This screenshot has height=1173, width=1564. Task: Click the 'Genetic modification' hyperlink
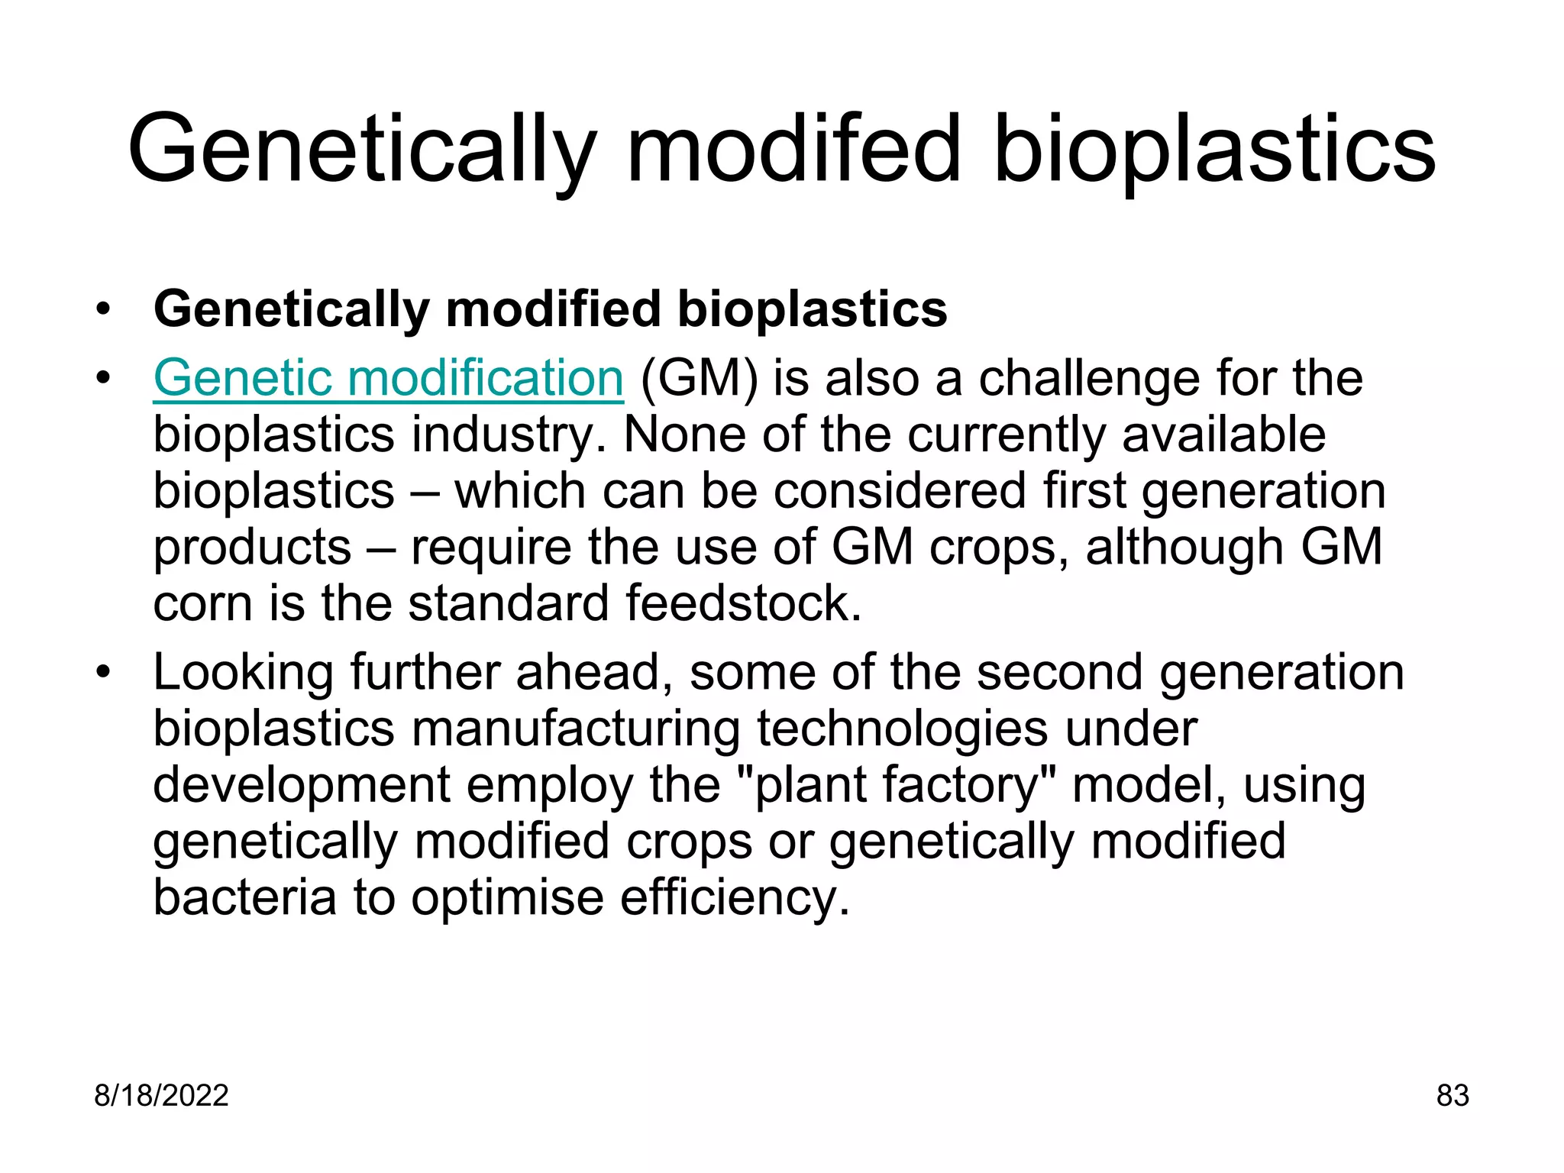pyautogui.click(x=388, y=379)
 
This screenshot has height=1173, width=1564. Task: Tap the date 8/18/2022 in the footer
pyautogui.click(x=161, y=1096)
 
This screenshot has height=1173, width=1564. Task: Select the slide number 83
pyautogui.click(x=1453, y=1096)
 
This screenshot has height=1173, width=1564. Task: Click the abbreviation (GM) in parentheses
pyautogui.click(x=699, y=379)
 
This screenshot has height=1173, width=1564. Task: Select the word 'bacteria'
pyautogui.click(x=244, y=897)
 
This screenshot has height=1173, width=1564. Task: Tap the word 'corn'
pyautogui.click(x=202, y=603)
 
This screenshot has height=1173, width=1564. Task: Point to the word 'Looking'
pyautogui.click(x=243, y=674)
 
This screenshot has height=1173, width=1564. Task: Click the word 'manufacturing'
pyautogui.click(x=576, y=729)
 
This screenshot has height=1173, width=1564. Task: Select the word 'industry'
pyautogui.click(x=504, y=435)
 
